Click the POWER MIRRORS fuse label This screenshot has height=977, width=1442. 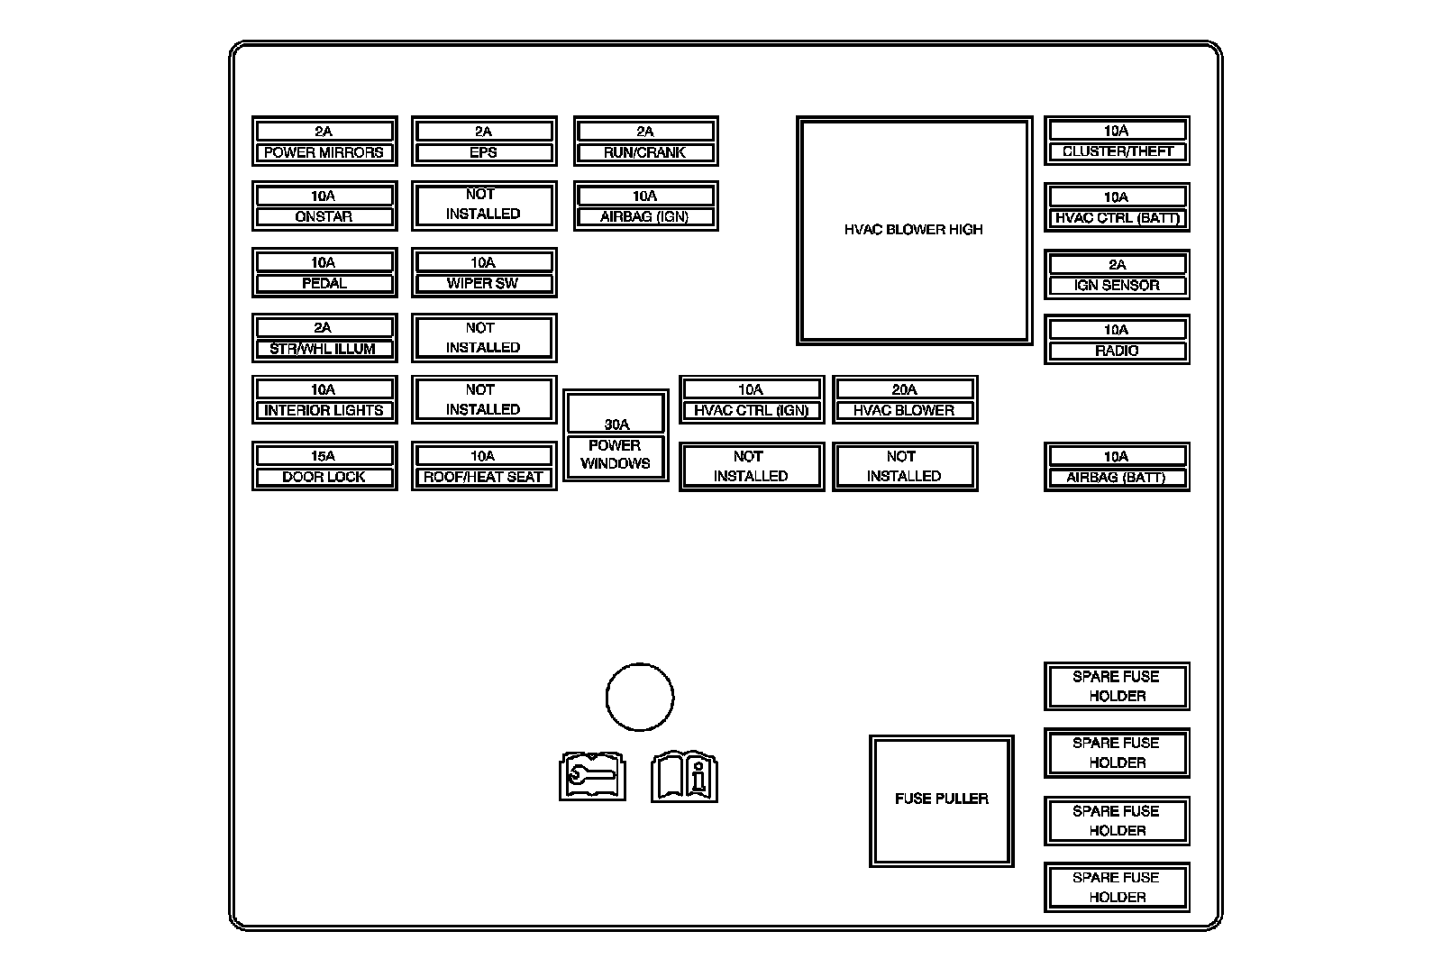coord(324,152)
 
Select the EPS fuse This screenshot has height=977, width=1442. coord(484,142)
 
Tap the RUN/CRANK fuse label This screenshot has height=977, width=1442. coord(645,152)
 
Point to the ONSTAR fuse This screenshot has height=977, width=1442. coord(324,206)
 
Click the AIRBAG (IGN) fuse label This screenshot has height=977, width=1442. coord(645,217)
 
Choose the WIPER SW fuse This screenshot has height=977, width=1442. coord(484,272)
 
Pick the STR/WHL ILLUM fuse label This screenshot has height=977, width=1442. coord(324,349)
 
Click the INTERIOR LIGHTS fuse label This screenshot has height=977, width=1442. coord(324,410)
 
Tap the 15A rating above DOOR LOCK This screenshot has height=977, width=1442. coord(324,456)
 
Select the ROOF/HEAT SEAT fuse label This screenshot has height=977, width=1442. coord(484,477)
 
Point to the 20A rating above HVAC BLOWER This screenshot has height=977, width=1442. coord(904,389)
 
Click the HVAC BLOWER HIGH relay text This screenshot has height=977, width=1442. coord(914,230)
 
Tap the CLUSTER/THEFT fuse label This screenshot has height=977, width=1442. coord(1118,151)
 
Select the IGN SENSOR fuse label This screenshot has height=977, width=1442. coord(1118,285)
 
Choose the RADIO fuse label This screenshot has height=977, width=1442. coord(1118,351)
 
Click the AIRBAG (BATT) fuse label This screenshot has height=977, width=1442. coord(1118,477)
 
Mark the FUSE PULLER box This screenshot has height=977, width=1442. coord(942,799)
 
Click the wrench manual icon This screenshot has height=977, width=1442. coord(592,775)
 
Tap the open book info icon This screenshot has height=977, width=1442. coord(685,775)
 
